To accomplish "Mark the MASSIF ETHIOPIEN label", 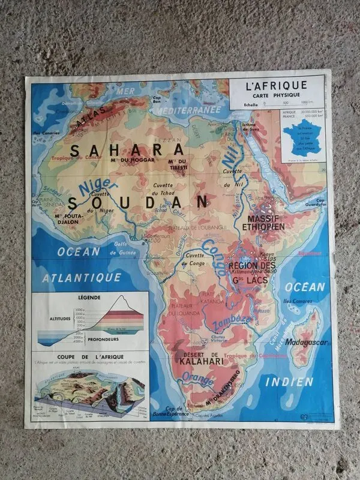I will click(263, 223).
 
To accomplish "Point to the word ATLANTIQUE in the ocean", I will click(82, 277).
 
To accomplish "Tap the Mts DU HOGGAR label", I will click(133, 160).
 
